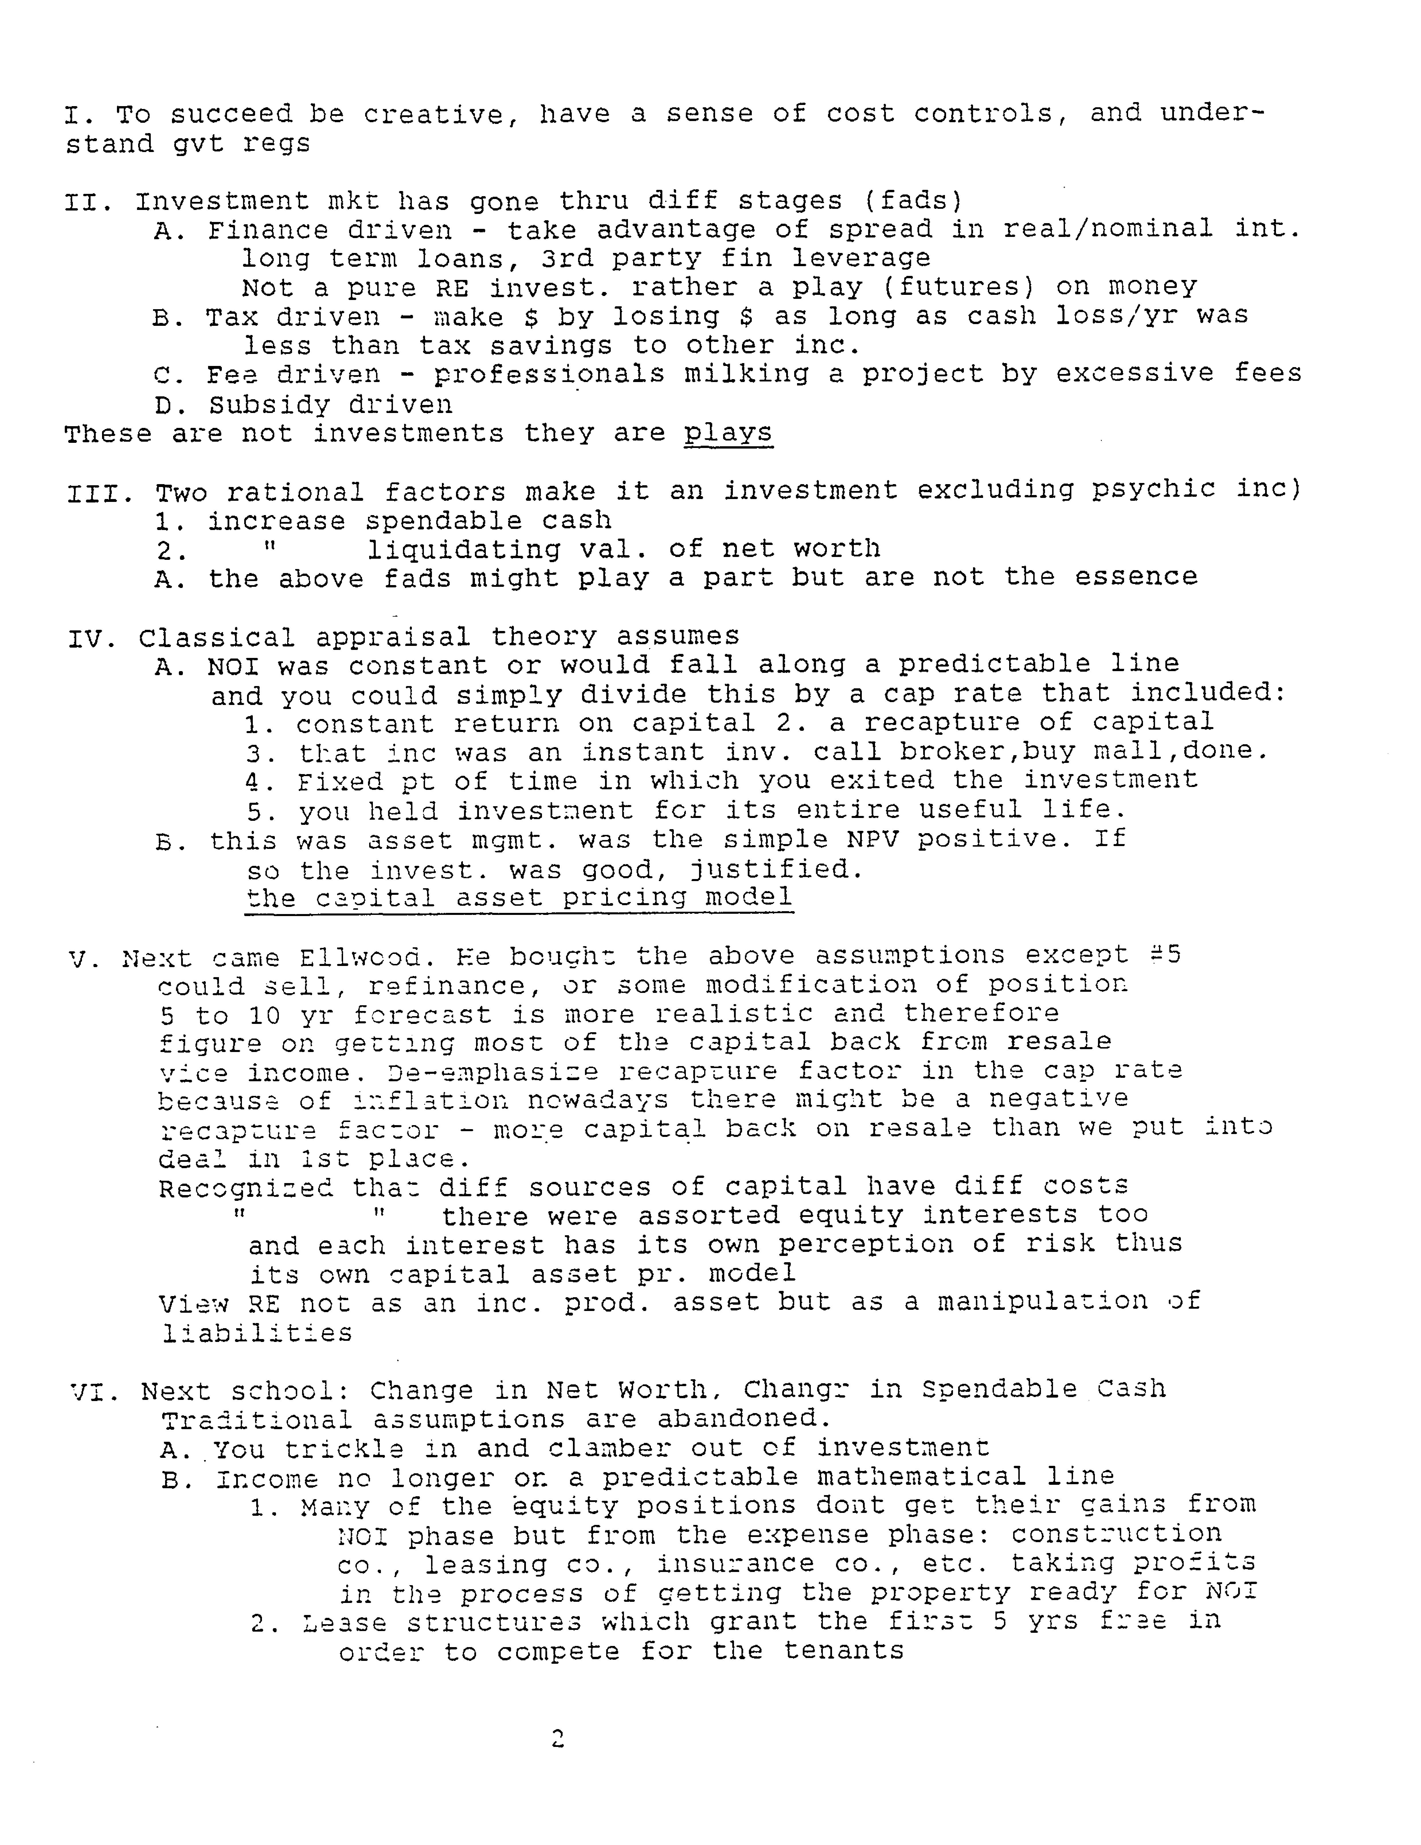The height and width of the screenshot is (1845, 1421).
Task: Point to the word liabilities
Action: coord(257,1333)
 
